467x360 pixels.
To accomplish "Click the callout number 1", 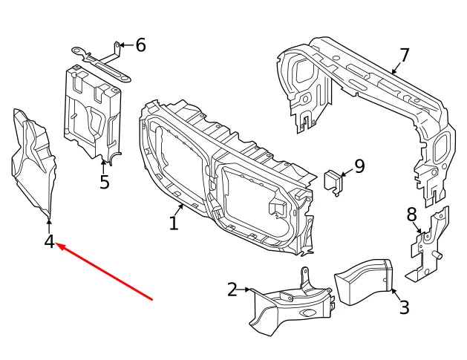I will [173, 222].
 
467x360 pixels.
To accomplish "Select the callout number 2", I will [232, 289].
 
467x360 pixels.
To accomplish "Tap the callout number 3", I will [403, 307].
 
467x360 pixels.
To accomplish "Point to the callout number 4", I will [49, 242].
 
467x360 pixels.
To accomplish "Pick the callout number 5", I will [104, 182].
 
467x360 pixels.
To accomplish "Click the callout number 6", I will [140, 45].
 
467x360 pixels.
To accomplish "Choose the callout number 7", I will [404, 56].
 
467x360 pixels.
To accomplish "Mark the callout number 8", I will [411, 215].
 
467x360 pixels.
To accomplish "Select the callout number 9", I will [359, 166].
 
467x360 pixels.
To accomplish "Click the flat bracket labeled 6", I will [99, 61].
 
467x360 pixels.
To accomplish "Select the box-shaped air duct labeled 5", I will [94, 111].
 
